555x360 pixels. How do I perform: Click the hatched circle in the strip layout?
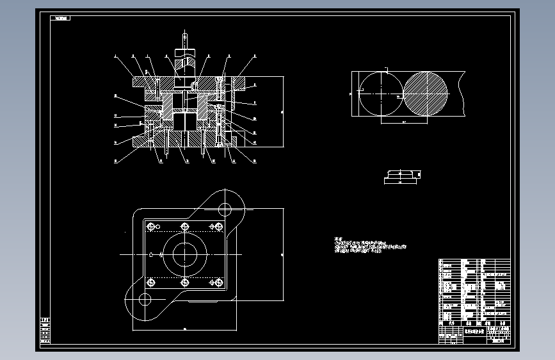point(426,94)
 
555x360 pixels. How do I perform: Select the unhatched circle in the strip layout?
point(379,94)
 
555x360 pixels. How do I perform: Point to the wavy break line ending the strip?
point(463,94)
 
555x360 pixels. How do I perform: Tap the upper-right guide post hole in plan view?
point(225,208)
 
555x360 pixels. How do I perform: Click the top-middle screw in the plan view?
point(184,226)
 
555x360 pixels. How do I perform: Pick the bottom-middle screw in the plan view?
point(184,282)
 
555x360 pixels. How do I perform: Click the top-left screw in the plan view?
point(151,226)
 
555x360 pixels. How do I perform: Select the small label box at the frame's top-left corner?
point(61,18)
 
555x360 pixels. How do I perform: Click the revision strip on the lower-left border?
point(45,332)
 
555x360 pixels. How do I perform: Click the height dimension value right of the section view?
point(283,112)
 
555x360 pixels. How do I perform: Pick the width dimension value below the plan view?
point(184,329)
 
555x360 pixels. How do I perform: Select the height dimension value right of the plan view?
point(283,254)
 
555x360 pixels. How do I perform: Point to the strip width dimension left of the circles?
point(351,94)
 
